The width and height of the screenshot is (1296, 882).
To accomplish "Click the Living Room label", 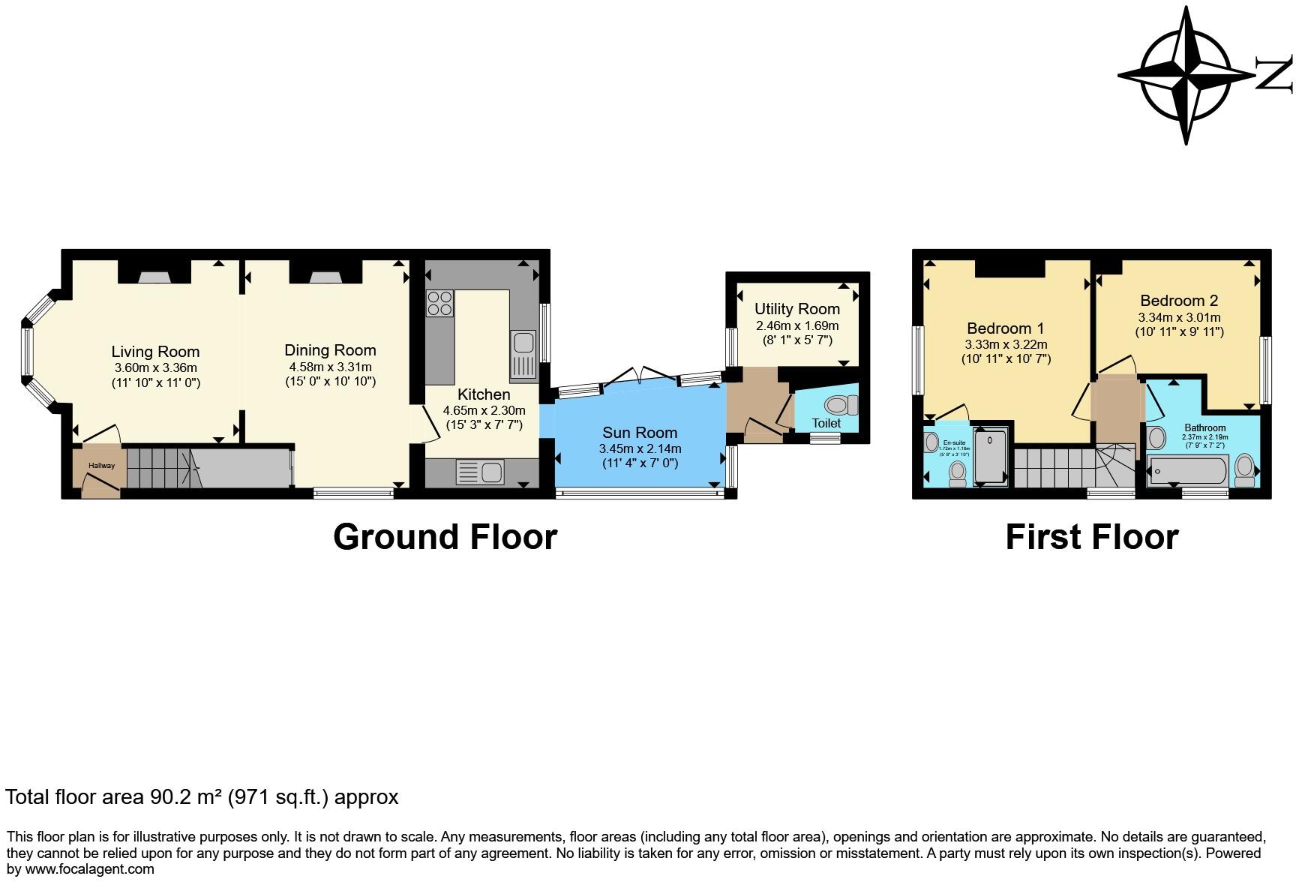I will (x=155, y=352).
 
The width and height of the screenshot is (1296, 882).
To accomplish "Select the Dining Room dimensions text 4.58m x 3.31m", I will (x=330, y=367).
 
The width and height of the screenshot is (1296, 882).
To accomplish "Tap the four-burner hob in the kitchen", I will (x=439, y=302).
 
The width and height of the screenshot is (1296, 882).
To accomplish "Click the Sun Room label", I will (x=640, y=433).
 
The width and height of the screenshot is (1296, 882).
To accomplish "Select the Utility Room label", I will (x=796, y=309).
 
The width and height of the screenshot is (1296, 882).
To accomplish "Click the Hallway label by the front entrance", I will (x=102, y=466).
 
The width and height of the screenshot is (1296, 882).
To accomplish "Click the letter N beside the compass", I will (x=1274, y=74).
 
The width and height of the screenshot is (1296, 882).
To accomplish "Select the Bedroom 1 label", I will (x=1005, y=328).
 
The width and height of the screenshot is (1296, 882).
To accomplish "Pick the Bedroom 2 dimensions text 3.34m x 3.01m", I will (x=1179, y=317).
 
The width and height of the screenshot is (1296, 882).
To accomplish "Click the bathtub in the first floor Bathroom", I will (x=1187, y=471).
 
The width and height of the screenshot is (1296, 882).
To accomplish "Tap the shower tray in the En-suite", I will (x=991, y=456).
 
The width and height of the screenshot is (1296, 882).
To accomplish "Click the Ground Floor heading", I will (x=445, y=537).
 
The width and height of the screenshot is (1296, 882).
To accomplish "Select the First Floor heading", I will (x=1091, y=537).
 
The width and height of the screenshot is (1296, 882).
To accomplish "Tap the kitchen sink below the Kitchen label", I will (x=481, y=472).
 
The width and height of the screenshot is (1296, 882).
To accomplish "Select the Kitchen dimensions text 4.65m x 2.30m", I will (x=484, y=410).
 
